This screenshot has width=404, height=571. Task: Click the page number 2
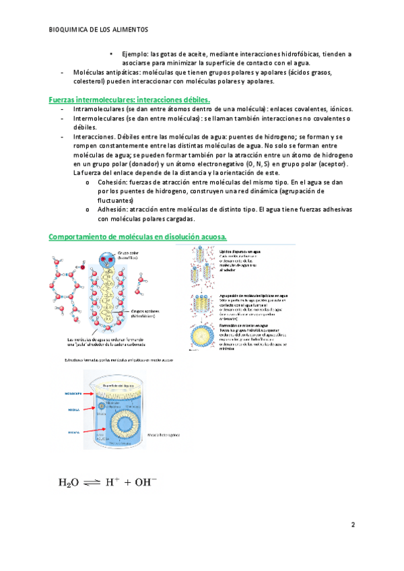[x=352, y=523]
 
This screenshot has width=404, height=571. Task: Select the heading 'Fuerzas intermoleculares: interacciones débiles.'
[x=130, y=100]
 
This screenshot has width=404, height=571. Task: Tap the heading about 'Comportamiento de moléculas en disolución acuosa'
[x=137, y=236]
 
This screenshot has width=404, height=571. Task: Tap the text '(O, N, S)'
[x=261, y=164]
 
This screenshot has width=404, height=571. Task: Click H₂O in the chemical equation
[x=69, y=482]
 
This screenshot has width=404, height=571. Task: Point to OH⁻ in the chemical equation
[x=145, y=481]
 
